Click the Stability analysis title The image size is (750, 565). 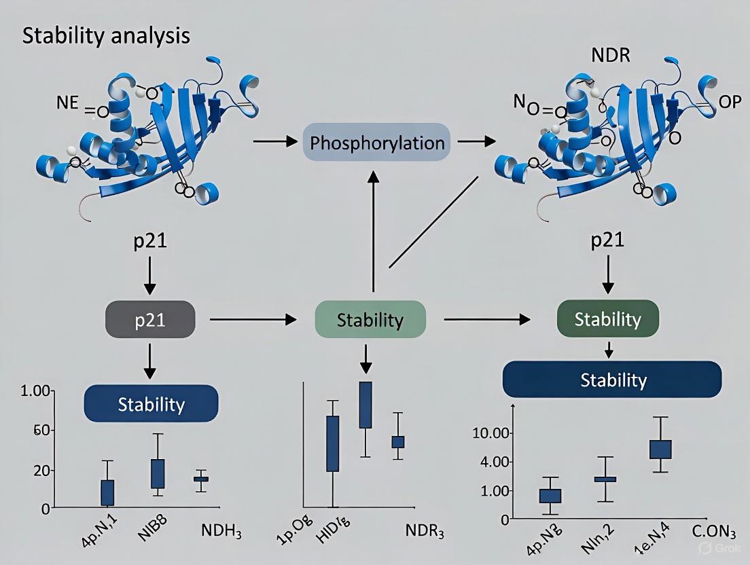pos(106,36)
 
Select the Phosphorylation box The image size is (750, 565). pos(377,142)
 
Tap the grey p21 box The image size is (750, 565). pos(150,319)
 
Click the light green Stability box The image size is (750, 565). pos(370,319)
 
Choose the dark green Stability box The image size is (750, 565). pos(608,318)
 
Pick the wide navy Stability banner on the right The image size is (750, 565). pos(612,379)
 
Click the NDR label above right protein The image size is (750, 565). pos(611,56)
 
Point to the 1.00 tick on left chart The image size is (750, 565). pos(37,391)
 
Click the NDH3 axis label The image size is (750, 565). pos(222,530)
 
